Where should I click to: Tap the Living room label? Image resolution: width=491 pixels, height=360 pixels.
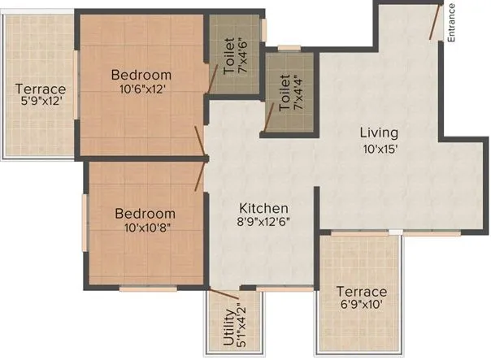tap(380, 132)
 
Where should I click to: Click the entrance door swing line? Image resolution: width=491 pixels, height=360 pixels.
tap(437, 21)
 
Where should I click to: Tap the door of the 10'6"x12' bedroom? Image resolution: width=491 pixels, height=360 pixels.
tap(200, 139)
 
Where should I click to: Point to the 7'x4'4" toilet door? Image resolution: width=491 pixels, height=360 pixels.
tap(266, 119)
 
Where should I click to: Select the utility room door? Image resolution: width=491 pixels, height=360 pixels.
tap(224, 291)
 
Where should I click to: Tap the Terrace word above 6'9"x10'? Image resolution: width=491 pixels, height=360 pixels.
tap(363, 292)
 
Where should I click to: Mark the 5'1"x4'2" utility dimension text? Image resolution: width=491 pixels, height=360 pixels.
tap(240, 329)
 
